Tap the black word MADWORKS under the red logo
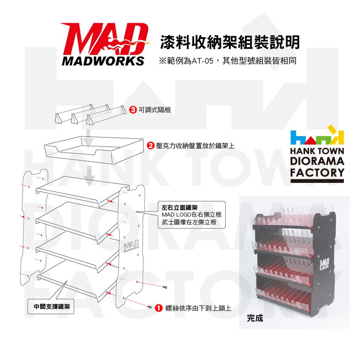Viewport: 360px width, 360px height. [x=103, y=60]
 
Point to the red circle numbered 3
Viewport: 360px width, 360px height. [x=133, y=110]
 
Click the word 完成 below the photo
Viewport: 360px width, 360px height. [x=255, y=319]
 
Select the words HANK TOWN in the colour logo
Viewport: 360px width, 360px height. [x=317, y=152]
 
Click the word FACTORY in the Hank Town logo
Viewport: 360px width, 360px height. [x=317, y=173]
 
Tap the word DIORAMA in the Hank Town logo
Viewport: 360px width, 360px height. [x=317, y=162]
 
